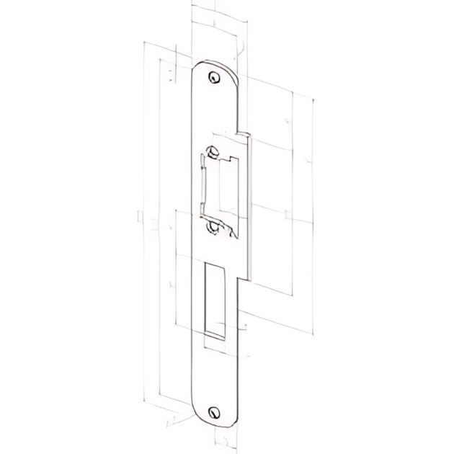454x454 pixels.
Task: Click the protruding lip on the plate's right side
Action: pos(245,202)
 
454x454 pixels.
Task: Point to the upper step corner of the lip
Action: pos(239,133)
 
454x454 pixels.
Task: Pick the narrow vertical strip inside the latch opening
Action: pos(205,187)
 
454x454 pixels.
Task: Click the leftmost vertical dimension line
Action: pos(144,216)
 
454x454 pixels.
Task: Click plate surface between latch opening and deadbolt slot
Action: pos(215,249)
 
